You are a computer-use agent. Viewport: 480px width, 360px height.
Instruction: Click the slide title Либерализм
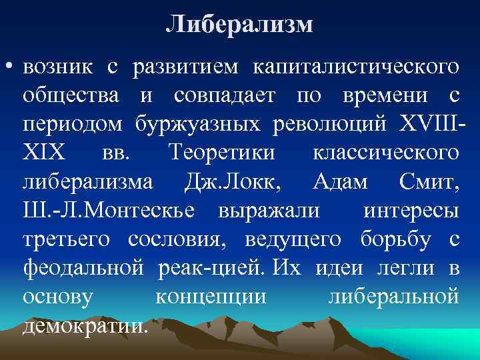(239, 25)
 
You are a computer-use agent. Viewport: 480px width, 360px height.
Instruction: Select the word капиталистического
(355, 67)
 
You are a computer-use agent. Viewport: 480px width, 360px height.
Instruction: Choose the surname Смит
(427, 181)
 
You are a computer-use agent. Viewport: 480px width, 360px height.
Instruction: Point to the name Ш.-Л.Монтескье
(109, 210)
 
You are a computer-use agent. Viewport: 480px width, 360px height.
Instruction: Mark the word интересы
(411, 210)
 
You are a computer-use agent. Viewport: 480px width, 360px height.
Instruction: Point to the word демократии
(85, 325)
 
